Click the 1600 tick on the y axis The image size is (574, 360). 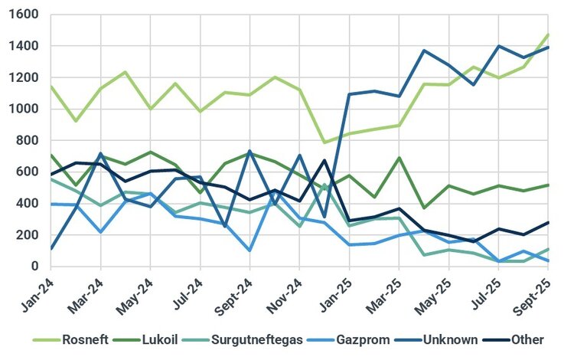click(26, 15)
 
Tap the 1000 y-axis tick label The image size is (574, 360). click(26, 109)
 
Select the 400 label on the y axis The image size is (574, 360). click(29, 203)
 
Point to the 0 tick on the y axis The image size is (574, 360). click(35, 266)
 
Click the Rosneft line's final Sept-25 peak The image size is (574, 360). click(549, 34)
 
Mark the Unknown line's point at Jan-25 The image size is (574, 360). click(349, 94)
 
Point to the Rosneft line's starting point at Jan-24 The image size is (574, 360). click(51, 86)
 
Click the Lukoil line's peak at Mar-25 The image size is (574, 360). click(399, 158)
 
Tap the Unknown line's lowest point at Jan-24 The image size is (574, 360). click(51, 248)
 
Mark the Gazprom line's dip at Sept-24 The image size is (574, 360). click(249, 250)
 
